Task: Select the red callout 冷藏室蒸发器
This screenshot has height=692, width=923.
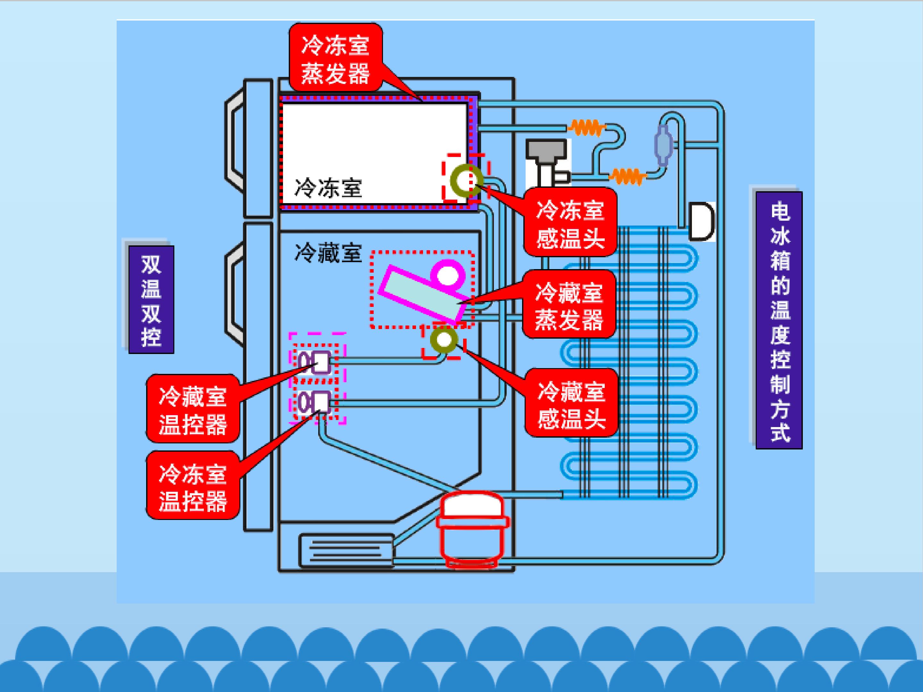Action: coord(569,304)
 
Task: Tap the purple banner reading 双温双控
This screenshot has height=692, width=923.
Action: coord(151,300)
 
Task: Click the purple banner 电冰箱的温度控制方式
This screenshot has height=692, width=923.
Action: coord(779,320)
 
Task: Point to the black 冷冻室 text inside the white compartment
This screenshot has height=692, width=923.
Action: coord(328,188)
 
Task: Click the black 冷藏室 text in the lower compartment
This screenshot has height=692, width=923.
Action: coord(328,253)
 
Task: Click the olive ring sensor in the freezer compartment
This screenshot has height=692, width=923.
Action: coord(467,181)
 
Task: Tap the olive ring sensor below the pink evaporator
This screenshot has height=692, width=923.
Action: coord(444,340)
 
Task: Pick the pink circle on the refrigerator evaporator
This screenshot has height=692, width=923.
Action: coord(447,275)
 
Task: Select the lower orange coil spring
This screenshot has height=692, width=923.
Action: coord(628,176)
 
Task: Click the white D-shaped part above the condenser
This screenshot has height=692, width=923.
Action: coord(702,221)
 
